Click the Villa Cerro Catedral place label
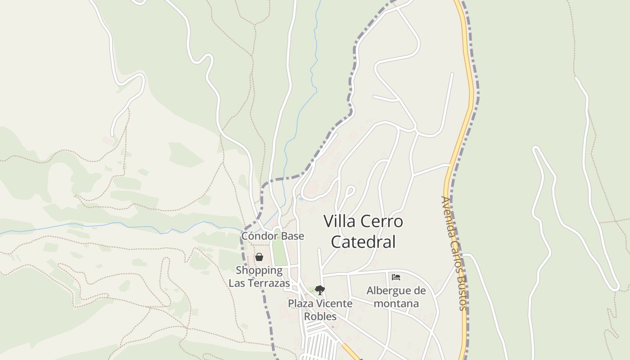tap(363, 231)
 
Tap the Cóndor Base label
tap(273, 236)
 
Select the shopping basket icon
tap(259, 257)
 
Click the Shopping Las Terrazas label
tap(259, 277)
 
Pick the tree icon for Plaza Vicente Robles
tap(319, 290)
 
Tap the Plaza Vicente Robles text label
tap(320, 310)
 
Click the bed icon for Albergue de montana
tap(396, 277)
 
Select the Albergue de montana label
tap(396, 297)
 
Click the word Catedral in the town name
tap(363, 242)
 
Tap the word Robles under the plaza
tap(320, 316)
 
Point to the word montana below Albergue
tap(396, 303)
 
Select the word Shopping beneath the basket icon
tap(259, 270)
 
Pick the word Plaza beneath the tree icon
tap(301, 303)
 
